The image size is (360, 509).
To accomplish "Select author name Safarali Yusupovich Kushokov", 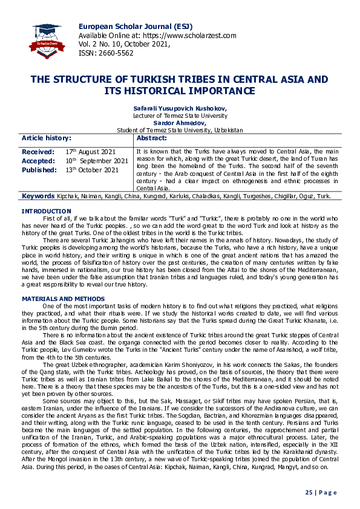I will (x=180, y=108).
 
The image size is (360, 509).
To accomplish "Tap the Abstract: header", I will (x=157, y=138).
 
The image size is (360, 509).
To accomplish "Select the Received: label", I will (x=38, y=152).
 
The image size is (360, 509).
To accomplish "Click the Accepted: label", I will (x=39, y=161).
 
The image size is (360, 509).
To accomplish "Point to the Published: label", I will (x=40, y=170).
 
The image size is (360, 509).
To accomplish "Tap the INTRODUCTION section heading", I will (x=46, y=211).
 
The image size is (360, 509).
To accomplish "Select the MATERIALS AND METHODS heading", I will (x=63, y=299).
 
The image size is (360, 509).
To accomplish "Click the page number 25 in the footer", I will (x=308, y=493).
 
